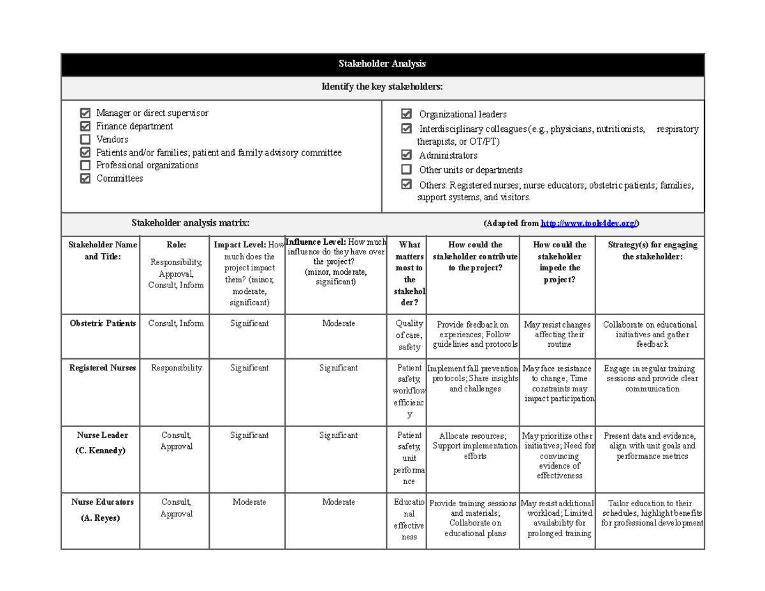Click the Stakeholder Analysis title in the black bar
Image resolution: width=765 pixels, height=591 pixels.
382,64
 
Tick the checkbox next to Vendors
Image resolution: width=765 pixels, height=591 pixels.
85,139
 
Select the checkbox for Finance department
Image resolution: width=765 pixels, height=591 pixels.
85,126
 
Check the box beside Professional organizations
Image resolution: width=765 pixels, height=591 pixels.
85,165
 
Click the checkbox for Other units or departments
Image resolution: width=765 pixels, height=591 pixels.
406,170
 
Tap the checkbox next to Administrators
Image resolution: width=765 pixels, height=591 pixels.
406,155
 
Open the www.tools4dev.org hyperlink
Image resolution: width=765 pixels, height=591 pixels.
589,223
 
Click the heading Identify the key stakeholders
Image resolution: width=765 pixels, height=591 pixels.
382,87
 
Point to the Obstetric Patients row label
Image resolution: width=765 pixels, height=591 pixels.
103,323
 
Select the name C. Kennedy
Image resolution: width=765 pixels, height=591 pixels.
103,450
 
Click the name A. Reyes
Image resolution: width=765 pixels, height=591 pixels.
103,518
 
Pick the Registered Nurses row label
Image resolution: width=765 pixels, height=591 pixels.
103,368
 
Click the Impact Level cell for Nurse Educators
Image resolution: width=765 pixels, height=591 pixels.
249,502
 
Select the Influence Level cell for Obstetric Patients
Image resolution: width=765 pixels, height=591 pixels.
339,323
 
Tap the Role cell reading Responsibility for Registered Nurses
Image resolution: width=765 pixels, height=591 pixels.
176,368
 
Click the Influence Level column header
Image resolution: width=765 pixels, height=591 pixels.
336,242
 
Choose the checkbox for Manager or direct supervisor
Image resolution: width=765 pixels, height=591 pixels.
85,113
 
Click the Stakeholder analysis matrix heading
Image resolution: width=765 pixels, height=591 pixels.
190,223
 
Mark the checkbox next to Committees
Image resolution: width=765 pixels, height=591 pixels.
85,179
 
